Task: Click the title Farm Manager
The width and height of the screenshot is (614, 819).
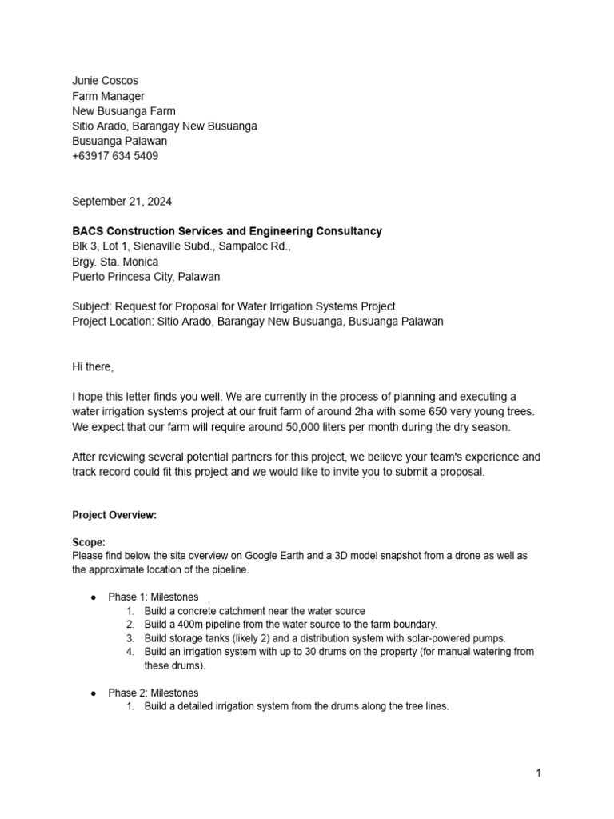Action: pyautogui.click(x=108, y=96)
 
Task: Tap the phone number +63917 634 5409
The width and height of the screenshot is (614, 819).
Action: pyautogui.click(x=115, y=156)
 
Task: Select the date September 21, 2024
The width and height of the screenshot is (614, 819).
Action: pyautogui.click(x=122, y=202)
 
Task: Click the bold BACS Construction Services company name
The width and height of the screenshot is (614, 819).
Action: pyautogui.click(x=227, y=231)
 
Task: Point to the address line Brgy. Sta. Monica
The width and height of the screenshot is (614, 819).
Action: pyautogui.click(x=115, y=262)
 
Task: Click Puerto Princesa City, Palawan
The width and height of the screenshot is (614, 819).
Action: pyautogui.click(x=146, y=277)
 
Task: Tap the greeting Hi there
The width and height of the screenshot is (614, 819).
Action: pyautogui.click(x=93, y=367)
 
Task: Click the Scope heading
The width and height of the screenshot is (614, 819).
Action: pyautogui.click(x=89, y=542)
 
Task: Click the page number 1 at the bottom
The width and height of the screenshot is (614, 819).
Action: pyautogui.click(x=539, y=773)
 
